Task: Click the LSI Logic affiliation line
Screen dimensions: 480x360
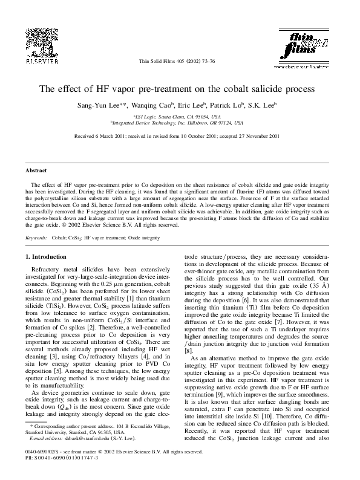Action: pos(180,115)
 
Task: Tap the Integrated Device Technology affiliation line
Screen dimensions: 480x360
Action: pos(180,122)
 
